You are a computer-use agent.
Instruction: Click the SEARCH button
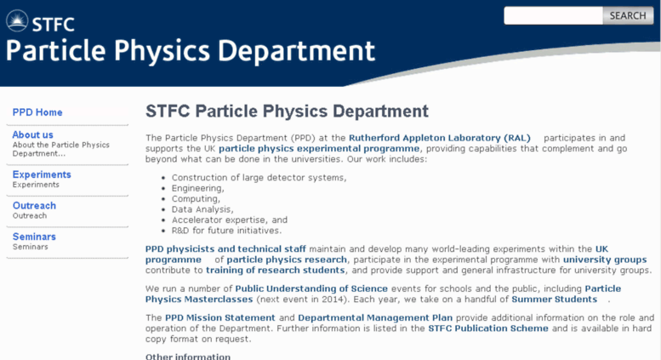(x=628, y=15)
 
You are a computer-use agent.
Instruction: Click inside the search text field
(x=553, y=15)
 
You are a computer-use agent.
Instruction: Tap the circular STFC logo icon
(x=17, y=20)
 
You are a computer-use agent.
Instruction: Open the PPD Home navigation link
(x=37, y=112)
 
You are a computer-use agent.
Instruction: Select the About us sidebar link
(x=33, y=135)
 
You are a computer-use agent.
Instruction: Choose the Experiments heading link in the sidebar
(x=42, y=174)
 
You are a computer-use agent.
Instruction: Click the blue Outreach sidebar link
(x=34, y=206)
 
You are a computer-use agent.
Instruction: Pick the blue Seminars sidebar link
(x=34, y=237)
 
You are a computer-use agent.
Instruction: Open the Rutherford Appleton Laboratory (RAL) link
(x=440, y=138)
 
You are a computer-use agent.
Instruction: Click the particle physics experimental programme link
(x=319, y=148)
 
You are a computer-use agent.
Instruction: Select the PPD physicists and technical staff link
(x=225, y=249)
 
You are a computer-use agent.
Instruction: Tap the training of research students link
(x=276, y=270)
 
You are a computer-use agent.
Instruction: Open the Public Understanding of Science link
(x=311, y=289)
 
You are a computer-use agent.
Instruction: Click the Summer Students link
(x=555, y=299)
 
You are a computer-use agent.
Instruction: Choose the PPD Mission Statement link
(x=220, y=317)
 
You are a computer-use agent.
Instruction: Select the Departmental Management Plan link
(x=375, y=317)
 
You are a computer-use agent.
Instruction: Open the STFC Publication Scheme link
(x=488, y=328)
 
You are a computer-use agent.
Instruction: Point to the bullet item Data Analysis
(x=202, y=209)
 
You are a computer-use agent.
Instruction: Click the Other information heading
(x=188, y=357)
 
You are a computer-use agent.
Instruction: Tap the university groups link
(x=605, y=260)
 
